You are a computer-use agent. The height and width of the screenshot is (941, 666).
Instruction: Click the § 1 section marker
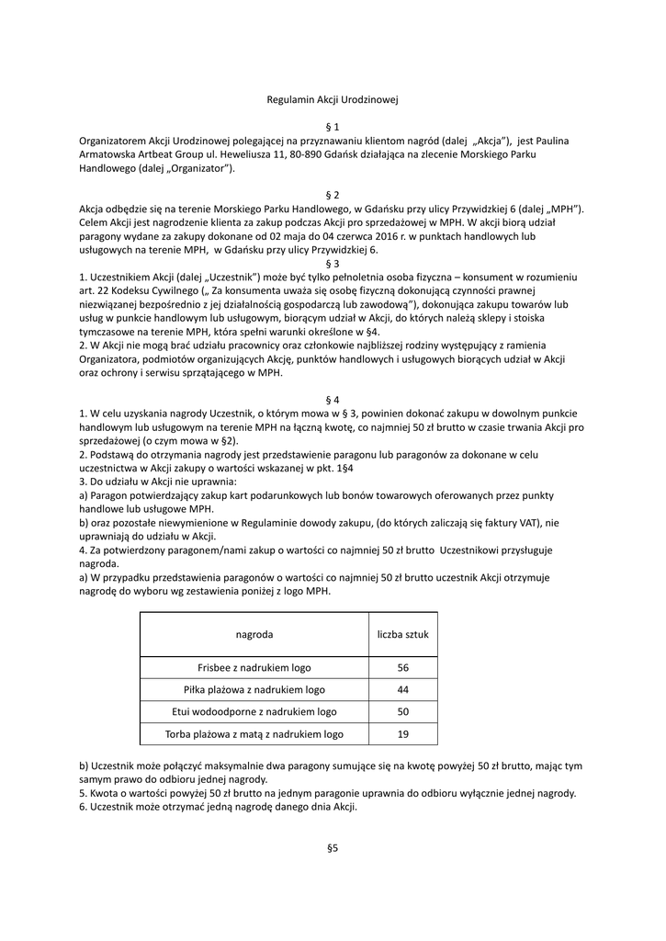333,125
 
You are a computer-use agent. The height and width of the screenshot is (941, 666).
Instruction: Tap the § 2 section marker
333,196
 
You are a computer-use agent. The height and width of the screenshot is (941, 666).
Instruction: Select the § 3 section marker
333,264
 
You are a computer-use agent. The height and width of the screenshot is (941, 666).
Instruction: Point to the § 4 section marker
333,400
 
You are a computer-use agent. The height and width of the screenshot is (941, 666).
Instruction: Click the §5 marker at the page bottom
333,848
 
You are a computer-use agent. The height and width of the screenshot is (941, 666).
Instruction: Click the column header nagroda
254,634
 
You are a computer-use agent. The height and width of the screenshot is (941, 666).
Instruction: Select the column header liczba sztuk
403,634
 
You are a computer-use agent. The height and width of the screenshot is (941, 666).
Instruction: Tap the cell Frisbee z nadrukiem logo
254,668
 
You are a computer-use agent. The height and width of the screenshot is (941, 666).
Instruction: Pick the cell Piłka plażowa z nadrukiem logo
254,690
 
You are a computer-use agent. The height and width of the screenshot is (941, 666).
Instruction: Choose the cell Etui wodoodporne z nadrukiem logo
254,712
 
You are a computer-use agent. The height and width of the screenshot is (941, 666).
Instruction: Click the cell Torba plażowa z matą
254,734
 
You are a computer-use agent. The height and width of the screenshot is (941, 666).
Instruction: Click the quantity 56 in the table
403,668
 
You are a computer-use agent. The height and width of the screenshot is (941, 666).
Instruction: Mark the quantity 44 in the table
403,690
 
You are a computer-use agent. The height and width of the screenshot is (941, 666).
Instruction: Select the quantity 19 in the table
403,734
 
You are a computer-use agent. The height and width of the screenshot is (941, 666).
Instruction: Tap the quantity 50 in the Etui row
403,712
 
